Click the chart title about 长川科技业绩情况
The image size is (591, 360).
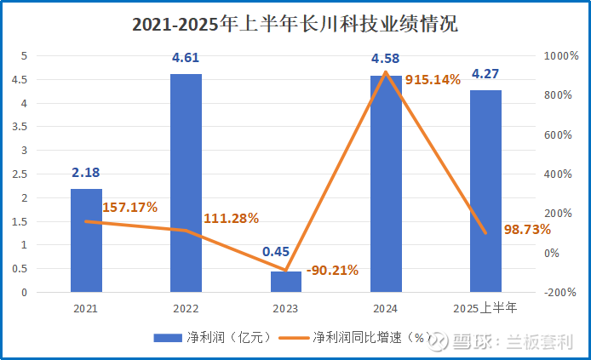[295, 25]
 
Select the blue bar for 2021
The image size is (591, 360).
[86, 241]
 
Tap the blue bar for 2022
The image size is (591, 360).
[186, 183]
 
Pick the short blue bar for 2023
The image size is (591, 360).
[286, 282]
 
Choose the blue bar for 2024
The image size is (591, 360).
[386, 184]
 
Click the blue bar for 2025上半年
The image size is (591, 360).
[486, 191]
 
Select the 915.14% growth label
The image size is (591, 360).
[433, 79]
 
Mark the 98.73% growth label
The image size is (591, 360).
[527, 230]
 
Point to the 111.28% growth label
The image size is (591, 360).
[231, 218]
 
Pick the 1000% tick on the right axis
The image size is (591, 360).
[561, 56]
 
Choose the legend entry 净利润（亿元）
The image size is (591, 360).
[213, 336]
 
